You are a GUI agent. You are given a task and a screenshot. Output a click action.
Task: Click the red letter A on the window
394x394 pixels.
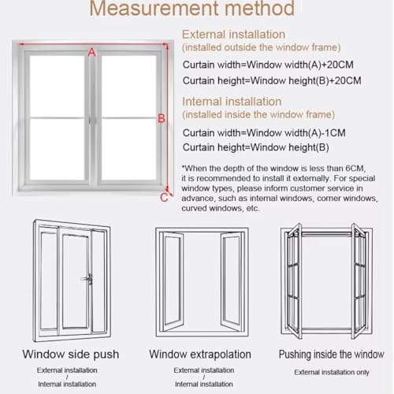[91, 53]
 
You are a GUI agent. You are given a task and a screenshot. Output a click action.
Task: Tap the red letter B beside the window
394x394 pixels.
[162, 118]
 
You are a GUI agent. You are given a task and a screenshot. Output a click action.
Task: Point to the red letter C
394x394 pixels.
[164, 198]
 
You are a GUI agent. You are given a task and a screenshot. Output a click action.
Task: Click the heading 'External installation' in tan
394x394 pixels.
[233, 35]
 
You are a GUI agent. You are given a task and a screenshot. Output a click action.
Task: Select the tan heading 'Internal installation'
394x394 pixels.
[232, 102]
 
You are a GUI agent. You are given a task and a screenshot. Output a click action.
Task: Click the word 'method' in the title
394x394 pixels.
[259, 9]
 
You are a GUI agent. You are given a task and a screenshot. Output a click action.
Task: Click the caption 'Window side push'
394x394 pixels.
[71, 354]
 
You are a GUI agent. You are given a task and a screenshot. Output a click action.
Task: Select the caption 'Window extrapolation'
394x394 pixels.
[200, 354]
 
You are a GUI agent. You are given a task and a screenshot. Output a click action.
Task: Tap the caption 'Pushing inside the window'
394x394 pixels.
[332, 355]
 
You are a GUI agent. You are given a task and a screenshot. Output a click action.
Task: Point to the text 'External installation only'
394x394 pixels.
[332, 372]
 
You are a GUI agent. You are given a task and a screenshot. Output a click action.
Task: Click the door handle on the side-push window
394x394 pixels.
[87, 279]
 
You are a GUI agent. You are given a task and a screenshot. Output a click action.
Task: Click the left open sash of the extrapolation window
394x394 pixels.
[173, 281]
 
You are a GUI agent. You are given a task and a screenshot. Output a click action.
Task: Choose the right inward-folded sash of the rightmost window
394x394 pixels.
[359, 281]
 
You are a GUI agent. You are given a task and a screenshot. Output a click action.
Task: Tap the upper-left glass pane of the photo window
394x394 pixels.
[57, 86]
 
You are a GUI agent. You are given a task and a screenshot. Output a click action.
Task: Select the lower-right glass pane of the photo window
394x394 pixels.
[129, 150]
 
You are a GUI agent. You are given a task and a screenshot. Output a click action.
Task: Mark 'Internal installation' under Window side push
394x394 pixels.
[67, 384]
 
